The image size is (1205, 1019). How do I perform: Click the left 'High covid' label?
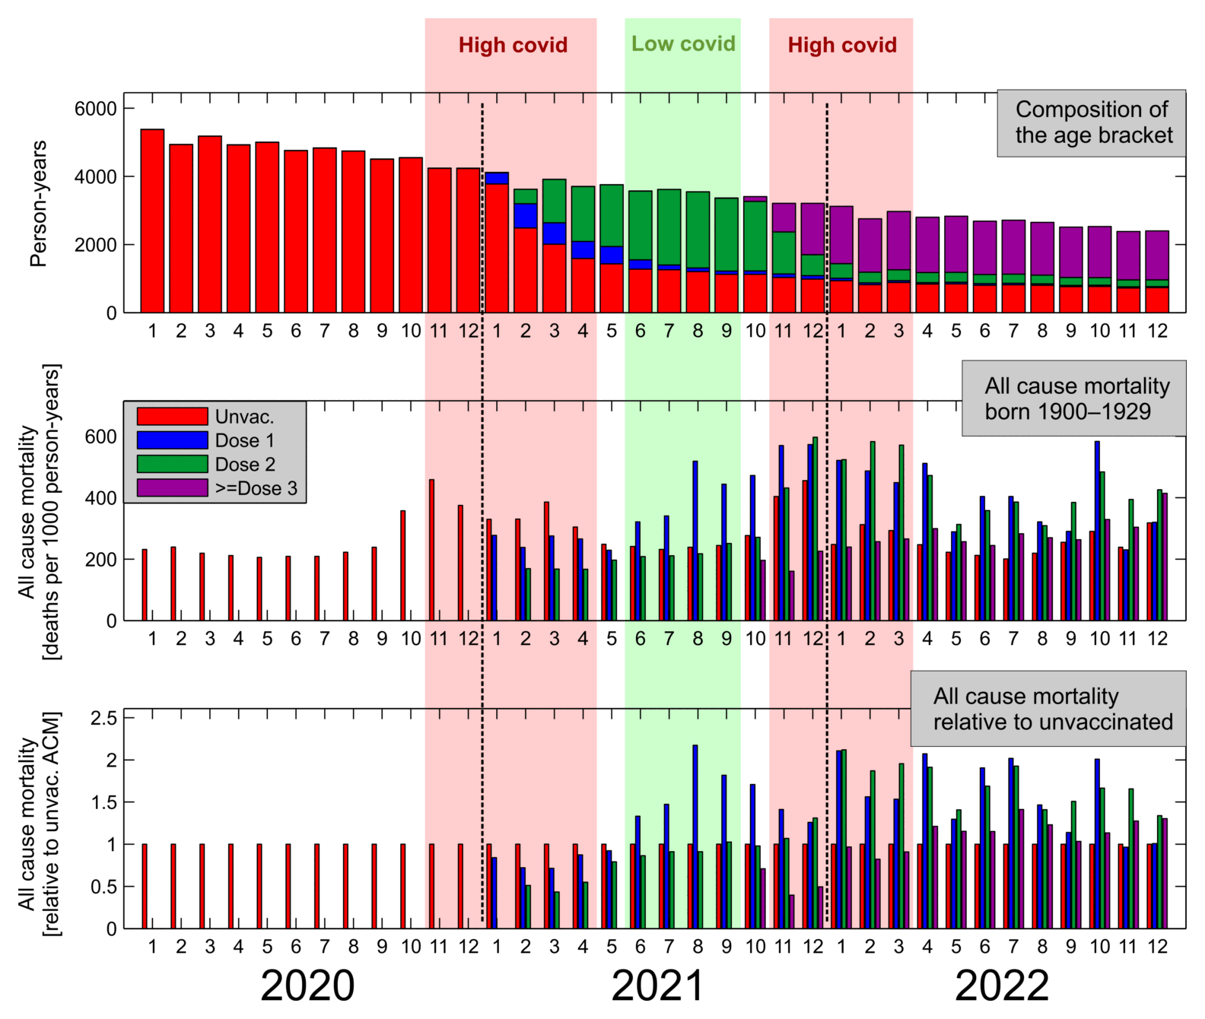513,45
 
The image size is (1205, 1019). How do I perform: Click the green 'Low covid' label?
683,44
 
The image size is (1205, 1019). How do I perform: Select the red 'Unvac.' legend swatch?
172,417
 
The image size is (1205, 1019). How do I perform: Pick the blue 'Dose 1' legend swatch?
172,440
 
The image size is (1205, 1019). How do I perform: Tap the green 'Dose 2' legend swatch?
172,464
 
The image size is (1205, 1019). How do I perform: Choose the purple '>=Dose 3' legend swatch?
172,487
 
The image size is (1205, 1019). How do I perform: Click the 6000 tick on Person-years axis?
95,109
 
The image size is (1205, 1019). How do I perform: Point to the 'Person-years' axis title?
38,204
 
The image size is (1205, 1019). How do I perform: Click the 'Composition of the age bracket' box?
1092,122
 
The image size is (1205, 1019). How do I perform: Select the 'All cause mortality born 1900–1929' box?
1073,398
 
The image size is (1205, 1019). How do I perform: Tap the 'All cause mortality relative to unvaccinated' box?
1048,709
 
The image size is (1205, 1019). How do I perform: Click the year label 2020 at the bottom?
307,986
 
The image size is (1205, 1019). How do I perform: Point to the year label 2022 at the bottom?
1002,986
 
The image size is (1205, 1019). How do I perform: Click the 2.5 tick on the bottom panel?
103,719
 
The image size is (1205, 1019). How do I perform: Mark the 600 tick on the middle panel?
101,437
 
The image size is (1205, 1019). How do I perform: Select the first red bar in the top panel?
152,221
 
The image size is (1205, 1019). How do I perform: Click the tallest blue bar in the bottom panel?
695,836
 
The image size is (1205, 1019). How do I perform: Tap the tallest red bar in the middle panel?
431,550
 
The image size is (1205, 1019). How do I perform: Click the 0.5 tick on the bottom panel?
103,887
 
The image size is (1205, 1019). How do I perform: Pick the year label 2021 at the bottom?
658,986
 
